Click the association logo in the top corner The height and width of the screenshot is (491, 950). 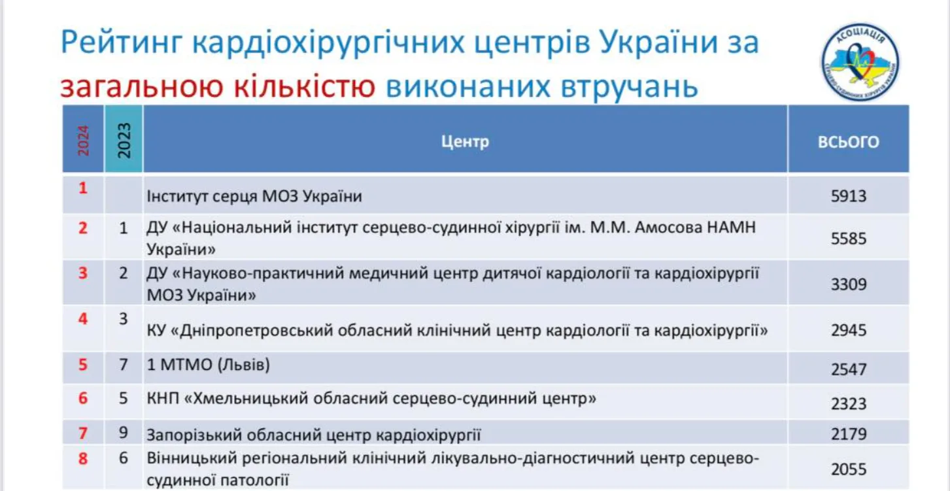(860, 62)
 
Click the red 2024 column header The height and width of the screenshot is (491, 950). (83, 141)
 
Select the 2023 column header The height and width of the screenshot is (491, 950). (124, 141)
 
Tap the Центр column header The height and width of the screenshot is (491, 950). (465, 141)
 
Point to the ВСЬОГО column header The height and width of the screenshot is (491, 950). (848, 142)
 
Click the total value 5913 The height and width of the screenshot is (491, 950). (848, 196)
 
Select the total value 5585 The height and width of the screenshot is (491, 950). (848, 239)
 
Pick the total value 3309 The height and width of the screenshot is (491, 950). (848, 284)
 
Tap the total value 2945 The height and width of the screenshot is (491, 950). (848, 330)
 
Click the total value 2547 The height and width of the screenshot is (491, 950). (848, 369)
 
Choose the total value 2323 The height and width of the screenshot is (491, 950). (848, 403)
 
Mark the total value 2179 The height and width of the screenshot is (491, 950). (848, 434)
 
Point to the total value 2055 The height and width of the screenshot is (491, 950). (848, 469)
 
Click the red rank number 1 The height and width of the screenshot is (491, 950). (83, 188)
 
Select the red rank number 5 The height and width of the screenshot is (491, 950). (83, 365)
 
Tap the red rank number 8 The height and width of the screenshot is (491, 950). (83, 458)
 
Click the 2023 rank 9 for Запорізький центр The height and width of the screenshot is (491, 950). (124, 433)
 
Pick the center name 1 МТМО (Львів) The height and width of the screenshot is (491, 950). (208, 365)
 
